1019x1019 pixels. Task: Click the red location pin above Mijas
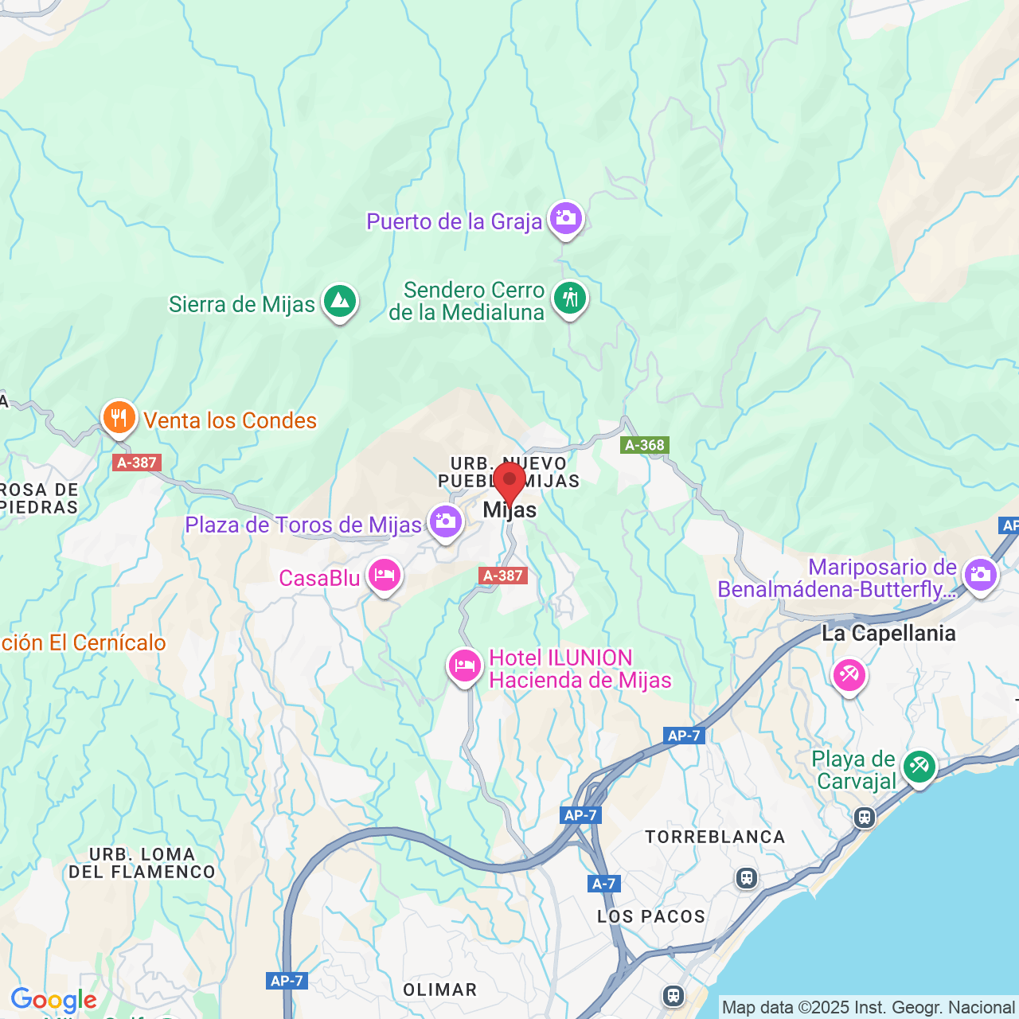pos(509,480)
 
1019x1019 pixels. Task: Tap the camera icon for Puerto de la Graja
pos(566,217)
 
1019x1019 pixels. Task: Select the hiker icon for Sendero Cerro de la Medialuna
pos(570,299)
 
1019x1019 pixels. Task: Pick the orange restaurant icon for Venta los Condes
pos(119,417)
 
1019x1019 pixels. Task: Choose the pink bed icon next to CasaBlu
pos(385,575)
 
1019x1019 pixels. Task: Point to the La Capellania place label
pos(888,634)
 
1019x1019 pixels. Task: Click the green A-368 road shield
pos(645,445)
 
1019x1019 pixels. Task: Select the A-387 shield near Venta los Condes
pos(137,463)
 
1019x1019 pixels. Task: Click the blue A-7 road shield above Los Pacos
pos(604,884)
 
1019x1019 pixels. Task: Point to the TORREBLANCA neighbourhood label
pos(715,837)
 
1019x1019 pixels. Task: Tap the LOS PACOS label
pos(651,917)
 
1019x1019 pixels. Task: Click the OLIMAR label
pos(440,990)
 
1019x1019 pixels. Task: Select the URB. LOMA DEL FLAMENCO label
pos(142,864)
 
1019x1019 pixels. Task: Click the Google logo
pos(53,1000)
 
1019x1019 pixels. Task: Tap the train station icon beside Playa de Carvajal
pos(865,818)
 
